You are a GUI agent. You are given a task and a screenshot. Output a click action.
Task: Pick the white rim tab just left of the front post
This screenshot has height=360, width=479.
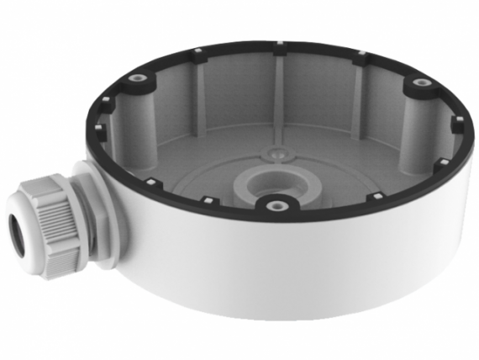tap(204, 200)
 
